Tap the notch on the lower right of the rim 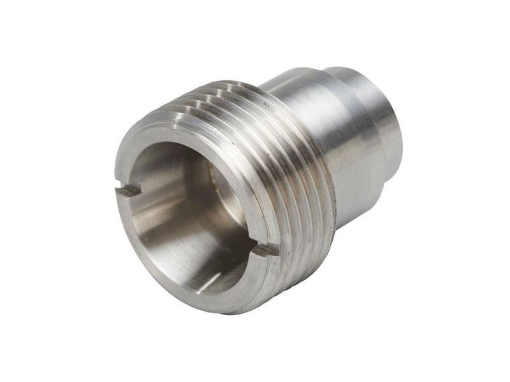point(265,250)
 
